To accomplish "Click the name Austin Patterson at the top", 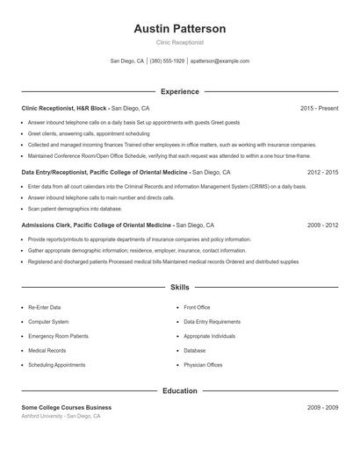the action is coord(179,29).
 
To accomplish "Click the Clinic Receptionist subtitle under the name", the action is coord(179,42).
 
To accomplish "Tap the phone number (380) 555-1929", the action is coord(167,61).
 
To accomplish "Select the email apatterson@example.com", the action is coord(220,61).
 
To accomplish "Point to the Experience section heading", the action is coord(179,91).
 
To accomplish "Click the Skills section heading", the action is coord(179,287).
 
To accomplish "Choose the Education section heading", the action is coord(179,390).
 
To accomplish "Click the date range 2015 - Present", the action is coord(319,108).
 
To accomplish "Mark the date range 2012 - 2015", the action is coord(322,173).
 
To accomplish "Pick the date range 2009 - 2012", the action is coord(322,225).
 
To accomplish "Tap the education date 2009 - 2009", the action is coord(322,408).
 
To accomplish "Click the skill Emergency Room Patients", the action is coord(58,336).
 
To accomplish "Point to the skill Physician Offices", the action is coord(203,364).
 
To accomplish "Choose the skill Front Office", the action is coord(197,308).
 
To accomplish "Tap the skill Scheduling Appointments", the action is coord(57,364).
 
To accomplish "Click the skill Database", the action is coord(194,350).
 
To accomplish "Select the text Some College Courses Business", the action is coord(67,408).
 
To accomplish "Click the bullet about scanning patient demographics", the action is coord(75,209).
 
